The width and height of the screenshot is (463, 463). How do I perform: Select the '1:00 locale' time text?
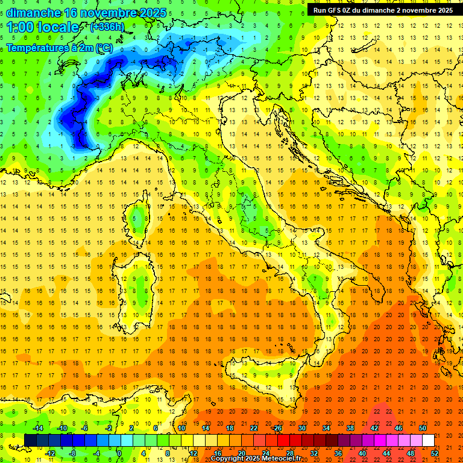(43, 27)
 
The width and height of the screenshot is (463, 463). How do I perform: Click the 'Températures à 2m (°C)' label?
(60, 47)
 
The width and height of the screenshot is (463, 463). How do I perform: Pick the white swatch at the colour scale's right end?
(428, 440)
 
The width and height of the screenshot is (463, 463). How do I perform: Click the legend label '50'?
(422, 428)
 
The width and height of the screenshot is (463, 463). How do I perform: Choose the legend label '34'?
(326, 428)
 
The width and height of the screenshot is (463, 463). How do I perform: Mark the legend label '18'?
(229, 428)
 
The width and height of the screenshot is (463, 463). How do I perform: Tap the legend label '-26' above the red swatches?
(277, 428)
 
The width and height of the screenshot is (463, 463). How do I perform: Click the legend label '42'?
(374, 428)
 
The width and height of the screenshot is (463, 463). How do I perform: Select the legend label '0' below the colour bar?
(119, 453)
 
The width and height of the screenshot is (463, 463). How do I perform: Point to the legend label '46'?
(398, 428)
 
